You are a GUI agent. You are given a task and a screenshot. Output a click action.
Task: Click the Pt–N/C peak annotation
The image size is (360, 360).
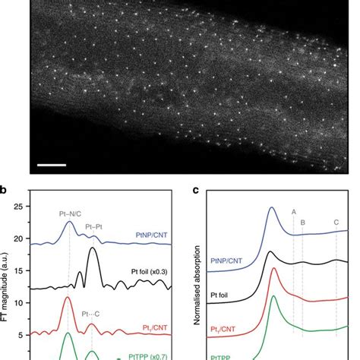[68, 216]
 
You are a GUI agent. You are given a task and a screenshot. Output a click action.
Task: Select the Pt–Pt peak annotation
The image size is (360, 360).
[96, 227]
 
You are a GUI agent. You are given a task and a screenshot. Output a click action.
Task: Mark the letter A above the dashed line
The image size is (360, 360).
[293, 213]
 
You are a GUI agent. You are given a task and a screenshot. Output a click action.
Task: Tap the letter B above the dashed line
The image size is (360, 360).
[302, 222]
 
